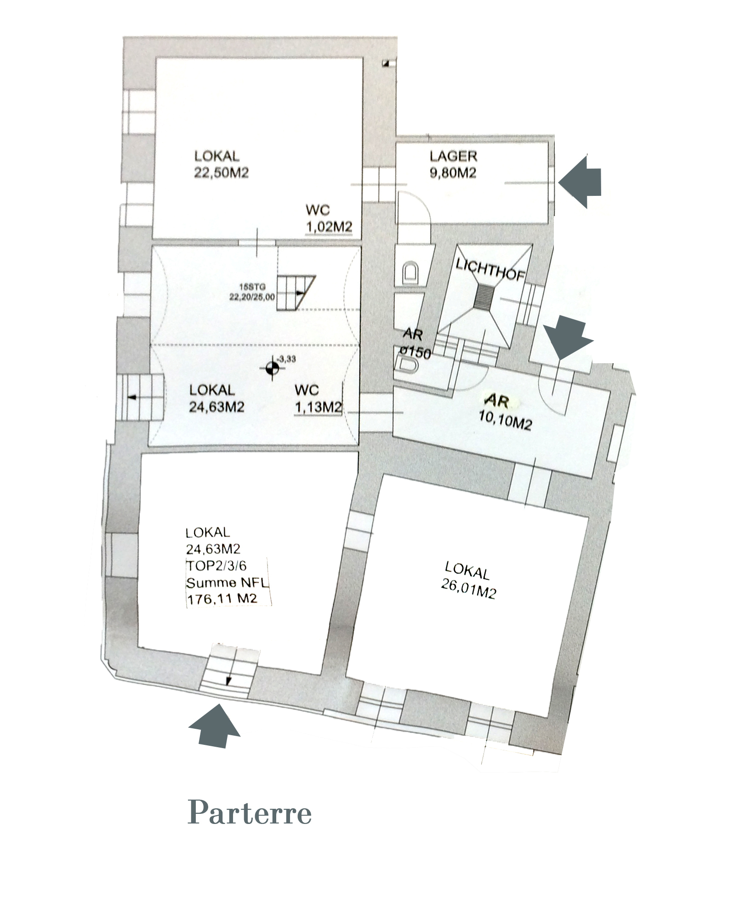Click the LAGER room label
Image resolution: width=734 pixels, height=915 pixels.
[453, 156]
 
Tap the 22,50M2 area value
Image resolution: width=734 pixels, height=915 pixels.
[221, 173]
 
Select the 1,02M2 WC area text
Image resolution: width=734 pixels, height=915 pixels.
[329, 227]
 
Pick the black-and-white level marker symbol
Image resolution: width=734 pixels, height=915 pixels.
[272, 368]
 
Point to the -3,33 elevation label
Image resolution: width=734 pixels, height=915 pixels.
[287, 359]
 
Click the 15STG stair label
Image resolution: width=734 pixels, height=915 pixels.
[252, 287]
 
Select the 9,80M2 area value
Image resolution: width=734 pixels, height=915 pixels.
[453, 173]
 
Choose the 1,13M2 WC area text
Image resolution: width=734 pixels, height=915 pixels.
[319, 407]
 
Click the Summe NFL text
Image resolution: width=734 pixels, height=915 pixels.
[228, 583]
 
